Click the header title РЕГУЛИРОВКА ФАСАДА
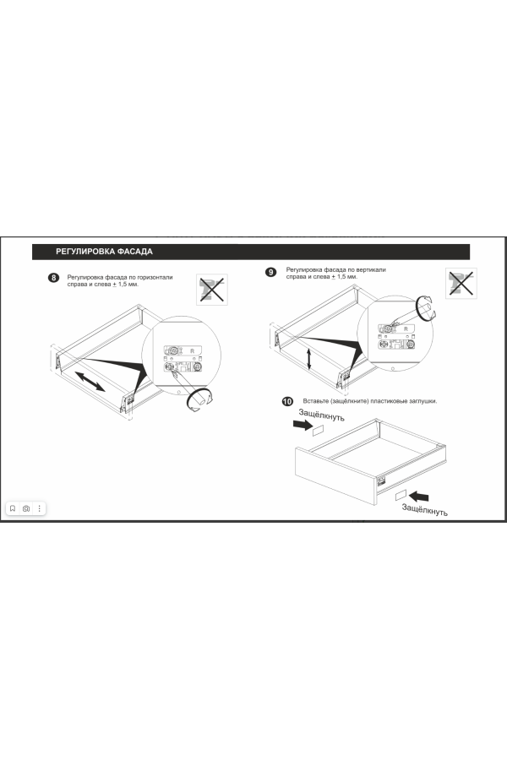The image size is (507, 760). [x=104, y=252]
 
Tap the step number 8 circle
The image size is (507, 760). [x=53, y=278]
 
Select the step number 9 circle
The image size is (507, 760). [x=270, y=273]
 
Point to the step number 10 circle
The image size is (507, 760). [x=287, y=401]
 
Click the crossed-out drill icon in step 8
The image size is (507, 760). [x=212, y=290]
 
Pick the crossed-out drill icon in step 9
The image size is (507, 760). [x=461, y=283]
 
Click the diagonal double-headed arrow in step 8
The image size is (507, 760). [x=90, y=382]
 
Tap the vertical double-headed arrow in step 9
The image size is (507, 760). [x=309, y=359]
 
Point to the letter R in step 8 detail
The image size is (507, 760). [x=192, y=351]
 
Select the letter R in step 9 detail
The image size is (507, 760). [x=406, y=329]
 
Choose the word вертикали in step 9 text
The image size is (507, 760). [x=371, y=269]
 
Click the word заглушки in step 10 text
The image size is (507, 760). [x=421, y=401]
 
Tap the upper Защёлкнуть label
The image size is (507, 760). [x=321, y=415]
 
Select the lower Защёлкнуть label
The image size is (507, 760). [x=424, y=509]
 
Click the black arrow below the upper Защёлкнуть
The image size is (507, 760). [x=303, y=425]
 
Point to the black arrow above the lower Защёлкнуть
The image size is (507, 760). [x=419, y=497]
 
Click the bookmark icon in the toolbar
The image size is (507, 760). [x=13, y=508]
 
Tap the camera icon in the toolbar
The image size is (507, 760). [x=26, y=508]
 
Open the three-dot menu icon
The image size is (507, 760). [x=40, y=508]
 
